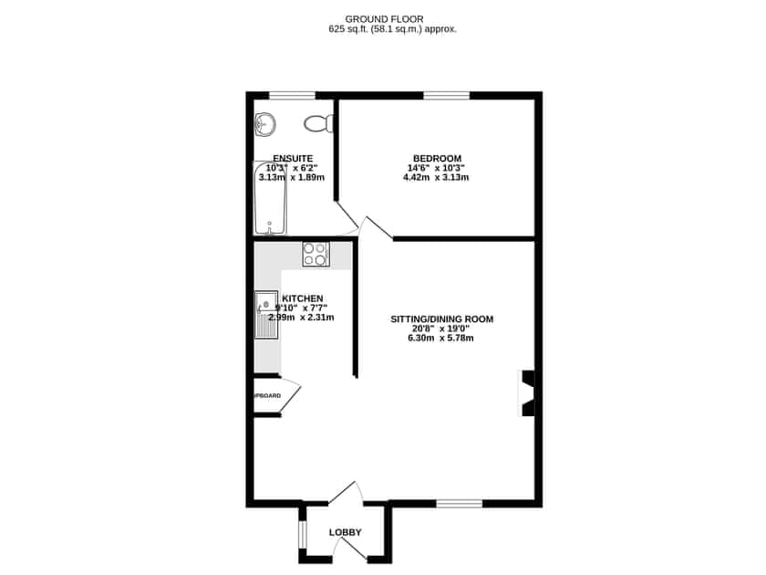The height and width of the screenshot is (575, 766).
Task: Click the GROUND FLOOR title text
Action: point(384,18)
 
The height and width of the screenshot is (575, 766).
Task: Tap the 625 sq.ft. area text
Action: point(392,29)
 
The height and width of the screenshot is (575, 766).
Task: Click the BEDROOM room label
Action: point(437,157)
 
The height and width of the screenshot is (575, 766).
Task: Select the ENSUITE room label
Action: point(292,158)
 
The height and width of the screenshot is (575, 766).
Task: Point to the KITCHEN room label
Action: point(303,298)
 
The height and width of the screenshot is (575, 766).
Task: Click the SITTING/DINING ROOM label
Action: point(441,319)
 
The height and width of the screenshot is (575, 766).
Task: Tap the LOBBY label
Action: point(346,532)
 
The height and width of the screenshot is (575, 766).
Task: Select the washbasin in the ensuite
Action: point(265,122)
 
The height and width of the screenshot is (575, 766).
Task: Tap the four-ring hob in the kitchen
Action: point(316,254)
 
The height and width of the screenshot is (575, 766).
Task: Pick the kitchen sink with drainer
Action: point(265,315)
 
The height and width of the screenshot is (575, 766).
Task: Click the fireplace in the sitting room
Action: point(527,393)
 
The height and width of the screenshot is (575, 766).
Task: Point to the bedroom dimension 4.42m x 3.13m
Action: point(436,177)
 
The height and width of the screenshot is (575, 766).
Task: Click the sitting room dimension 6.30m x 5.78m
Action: point(441,339)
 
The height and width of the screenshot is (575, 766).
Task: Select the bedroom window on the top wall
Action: point(446,95)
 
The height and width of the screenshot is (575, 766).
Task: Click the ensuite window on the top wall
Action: point(292,95)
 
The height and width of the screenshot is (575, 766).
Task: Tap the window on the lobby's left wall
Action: point(302,533)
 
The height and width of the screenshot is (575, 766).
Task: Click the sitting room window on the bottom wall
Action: point(460,503)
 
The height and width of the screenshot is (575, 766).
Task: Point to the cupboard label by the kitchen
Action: point(267,395)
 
